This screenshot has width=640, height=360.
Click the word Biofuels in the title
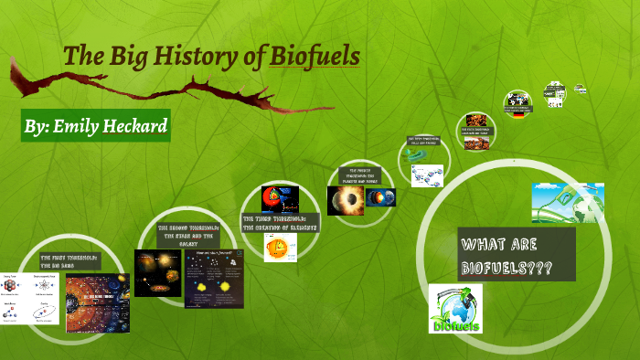[x=315, y=56]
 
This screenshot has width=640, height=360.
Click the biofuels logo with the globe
[x=455, y=309]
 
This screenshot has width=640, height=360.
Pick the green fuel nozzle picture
[x=568, y=203]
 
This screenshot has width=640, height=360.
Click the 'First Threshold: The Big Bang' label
[x=63, y=263]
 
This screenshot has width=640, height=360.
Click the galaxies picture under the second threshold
[x=157, y=272]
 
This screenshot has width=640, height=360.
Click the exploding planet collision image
[x=346, y=200]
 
